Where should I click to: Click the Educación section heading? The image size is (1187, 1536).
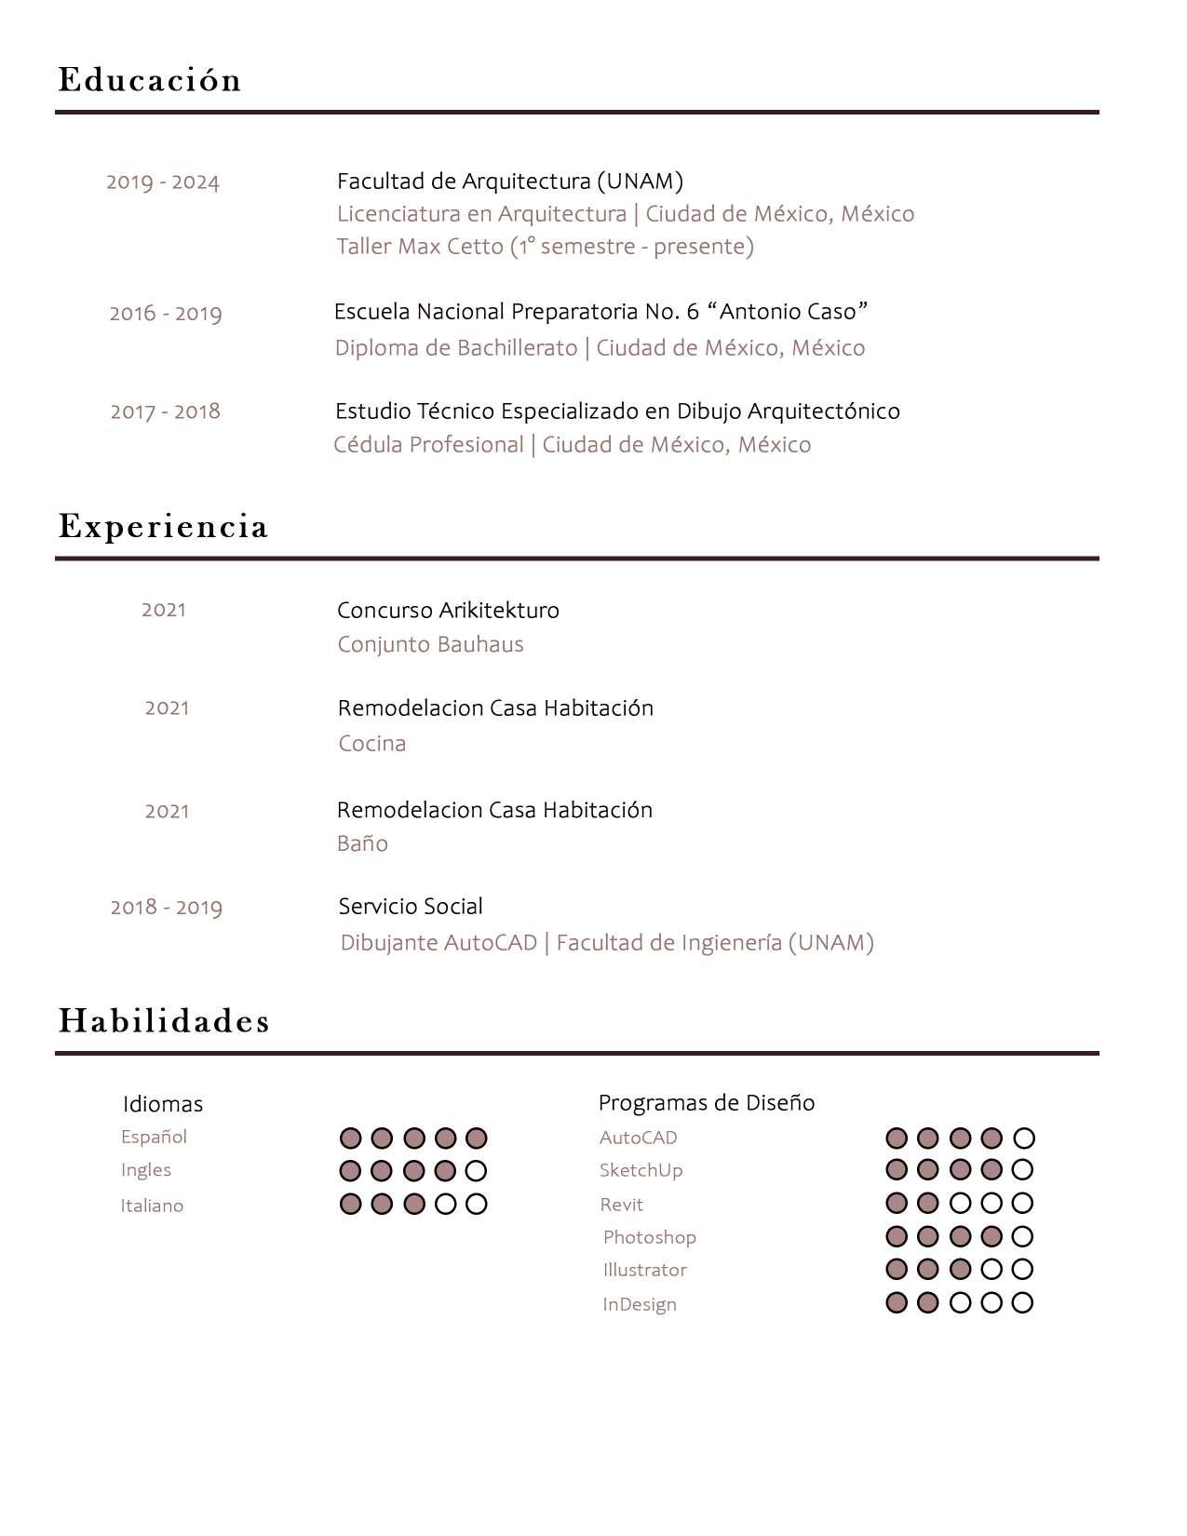[x=150, y=80]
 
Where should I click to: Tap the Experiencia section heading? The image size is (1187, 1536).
[x=163, y=527]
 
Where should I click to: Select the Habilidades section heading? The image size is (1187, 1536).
[x=164, y=1021]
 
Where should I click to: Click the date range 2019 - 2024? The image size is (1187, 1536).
[x=163, y=182]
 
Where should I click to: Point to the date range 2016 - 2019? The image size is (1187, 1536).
[x=166, y=314]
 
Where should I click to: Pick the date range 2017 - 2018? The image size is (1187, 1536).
[x=166, y=411]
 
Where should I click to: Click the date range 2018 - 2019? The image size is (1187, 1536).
[x=167, y=908]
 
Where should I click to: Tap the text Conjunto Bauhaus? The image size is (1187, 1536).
[x=430, y=644]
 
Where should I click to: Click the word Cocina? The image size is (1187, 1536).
[x=372, y=744]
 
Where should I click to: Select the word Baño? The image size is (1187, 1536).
[x=362, y=843]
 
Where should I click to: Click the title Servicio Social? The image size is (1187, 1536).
[x=411, y=907]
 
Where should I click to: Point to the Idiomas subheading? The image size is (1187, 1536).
[x=163, y=1104]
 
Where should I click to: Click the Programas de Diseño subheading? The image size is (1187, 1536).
[x=707, y=1103]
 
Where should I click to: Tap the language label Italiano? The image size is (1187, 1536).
[x=152, y=1206]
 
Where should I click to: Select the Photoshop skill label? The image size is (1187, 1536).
[x=650, y=1237]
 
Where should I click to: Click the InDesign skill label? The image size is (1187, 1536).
[x=640, y=1304]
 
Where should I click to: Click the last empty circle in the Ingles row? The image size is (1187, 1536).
[x=476, y=1170]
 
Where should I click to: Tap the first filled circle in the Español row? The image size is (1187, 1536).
[x=350, y=1138]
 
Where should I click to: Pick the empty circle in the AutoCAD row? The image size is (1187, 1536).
[x=1024, y=1138]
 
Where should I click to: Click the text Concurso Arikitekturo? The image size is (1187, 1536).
[x=448, y=611]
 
